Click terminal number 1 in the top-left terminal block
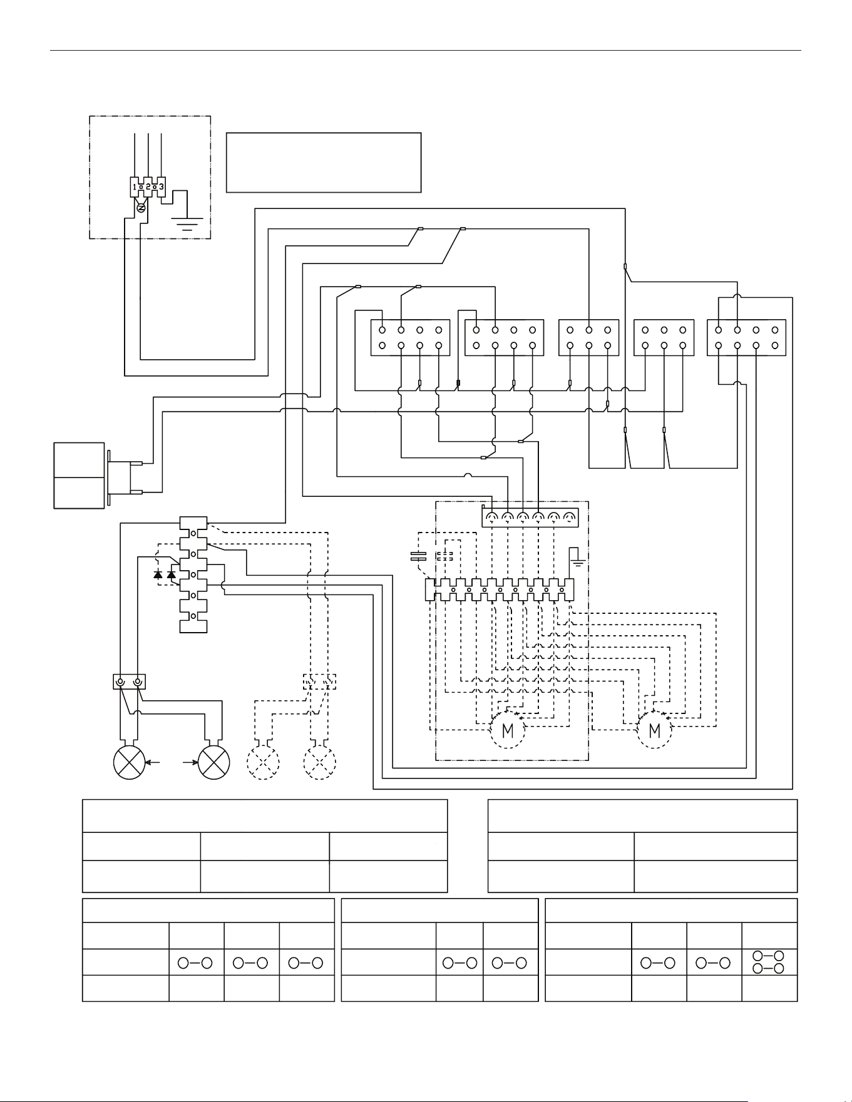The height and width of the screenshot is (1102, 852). (135, 186)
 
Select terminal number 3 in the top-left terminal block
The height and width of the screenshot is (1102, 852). (161, 186)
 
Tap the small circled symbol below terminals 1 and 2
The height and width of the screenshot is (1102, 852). (141, 208)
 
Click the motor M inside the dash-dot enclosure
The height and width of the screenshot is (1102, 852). (508, 730)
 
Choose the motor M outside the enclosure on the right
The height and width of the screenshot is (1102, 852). (655, 730)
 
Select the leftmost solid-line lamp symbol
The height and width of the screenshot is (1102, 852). (129, 763)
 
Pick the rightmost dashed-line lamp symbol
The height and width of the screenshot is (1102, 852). (319, 763)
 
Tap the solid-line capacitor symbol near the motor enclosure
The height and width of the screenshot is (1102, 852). (418, 556)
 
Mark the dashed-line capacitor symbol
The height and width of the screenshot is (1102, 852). (445, 556)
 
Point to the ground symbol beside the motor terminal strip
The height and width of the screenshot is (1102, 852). (577, 558)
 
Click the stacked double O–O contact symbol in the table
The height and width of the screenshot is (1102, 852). (769, 962)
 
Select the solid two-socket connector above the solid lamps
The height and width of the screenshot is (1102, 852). (129, 681)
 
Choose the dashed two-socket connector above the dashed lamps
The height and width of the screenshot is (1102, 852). (319, 681)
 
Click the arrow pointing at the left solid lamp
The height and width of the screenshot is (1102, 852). (153, 763)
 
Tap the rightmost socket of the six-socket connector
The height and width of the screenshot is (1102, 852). (569, 517)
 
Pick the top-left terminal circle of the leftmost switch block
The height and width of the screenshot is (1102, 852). (382, 330)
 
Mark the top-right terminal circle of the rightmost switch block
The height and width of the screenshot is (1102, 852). (775, 330)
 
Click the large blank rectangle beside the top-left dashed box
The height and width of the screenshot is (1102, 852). (324, 162)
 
